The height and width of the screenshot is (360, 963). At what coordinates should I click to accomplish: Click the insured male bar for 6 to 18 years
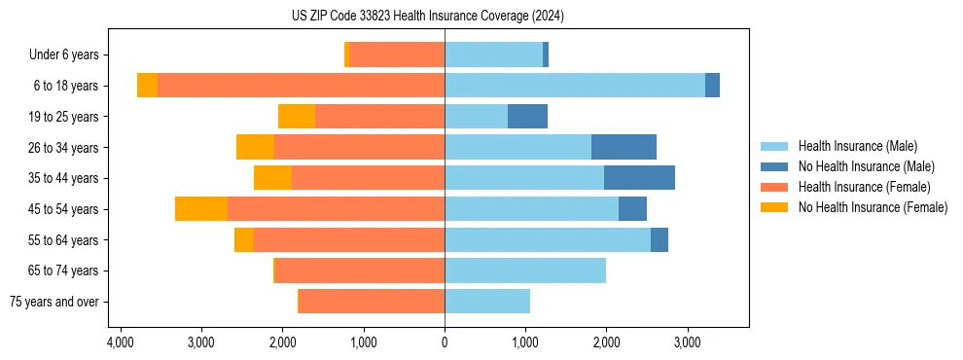click(x=574, y=86)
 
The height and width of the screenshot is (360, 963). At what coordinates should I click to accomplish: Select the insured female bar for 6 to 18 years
click(x=301, y=86)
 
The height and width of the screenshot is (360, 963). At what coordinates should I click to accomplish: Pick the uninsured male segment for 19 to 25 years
click(x=527, y=117)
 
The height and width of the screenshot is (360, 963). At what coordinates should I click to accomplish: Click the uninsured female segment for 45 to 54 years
click(x=201, y=209)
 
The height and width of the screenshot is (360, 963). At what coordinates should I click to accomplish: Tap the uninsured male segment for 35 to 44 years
click(x=639, y=178)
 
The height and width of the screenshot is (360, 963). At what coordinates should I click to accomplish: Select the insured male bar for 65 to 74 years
click(x=525, y=270)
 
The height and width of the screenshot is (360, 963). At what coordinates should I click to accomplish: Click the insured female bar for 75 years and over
click(x=372, y=302)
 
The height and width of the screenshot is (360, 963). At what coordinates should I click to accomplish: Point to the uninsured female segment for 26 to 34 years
click(x=255, y=147)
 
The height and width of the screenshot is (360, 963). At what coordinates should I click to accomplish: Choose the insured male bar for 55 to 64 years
click(x=548, y=240)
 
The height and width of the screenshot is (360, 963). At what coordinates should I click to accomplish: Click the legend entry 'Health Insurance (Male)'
click(x=857, y=146)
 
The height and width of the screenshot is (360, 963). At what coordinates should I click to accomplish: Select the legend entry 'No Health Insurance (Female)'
click(x=873, y=207)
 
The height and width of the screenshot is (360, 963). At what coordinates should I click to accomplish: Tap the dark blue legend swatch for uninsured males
click(x=775, y=166)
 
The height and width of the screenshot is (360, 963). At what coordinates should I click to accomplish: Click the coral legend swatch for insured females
click(x=775, y=187)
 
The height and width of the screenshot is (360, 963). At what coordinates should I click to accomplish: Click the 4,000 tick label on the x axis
click(x=121, y=343)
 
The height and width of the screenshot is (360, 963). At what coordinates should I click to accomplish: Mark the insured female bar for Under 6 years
click(x=397, y=54)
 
